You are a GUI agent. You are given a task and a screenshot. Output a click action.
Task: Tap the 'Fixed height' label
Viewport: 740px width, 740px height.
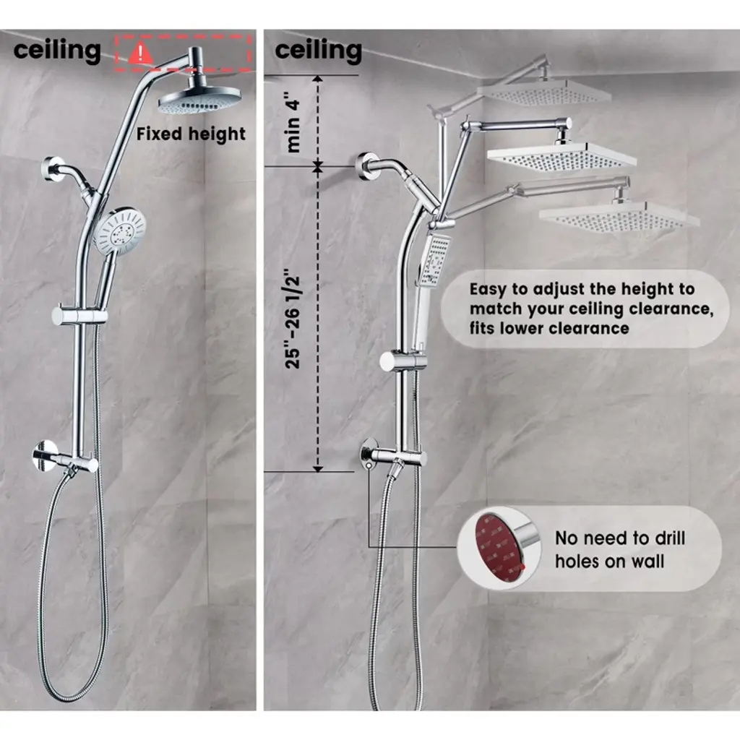pos(191,134)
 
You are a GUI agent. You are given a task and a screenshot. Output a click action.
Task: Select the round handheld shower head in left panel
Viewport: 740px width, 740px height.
pos(120,230)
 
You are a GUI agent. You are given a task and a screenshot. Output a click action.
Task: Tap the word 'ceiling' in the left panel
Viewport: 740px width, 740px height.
pos(56,51)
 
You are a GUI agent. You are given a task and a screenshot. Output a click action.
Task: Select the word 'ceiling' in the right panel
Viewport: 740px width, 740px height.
pos(318,51)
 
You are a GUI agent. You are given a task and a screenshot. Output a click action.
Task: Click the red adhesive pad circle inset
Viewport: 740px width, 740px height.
pos(498,547)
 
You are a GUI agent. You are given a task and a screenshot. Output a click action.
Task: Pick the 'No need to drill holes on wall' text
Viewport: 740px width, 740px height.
pos(619,549)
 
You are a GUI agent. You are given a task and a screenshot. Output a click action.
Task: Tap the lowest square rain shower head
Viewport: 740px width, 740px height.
pos(619,216)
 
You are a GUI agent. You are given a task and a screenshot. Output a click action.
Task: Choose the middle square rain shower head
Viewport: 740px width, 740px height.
pos(562,156)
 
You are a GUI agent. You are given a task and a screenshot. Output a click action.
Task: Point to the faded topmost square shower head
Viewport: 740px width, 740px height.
pos(543,92)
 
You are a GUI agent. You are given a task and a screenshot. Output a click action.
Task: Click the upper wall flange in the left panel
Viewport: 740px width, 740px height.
pos(52,168)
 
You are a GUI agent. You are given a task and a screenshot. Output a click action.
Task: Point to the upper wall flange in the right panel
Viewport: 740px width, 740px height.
pos(366,167)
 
